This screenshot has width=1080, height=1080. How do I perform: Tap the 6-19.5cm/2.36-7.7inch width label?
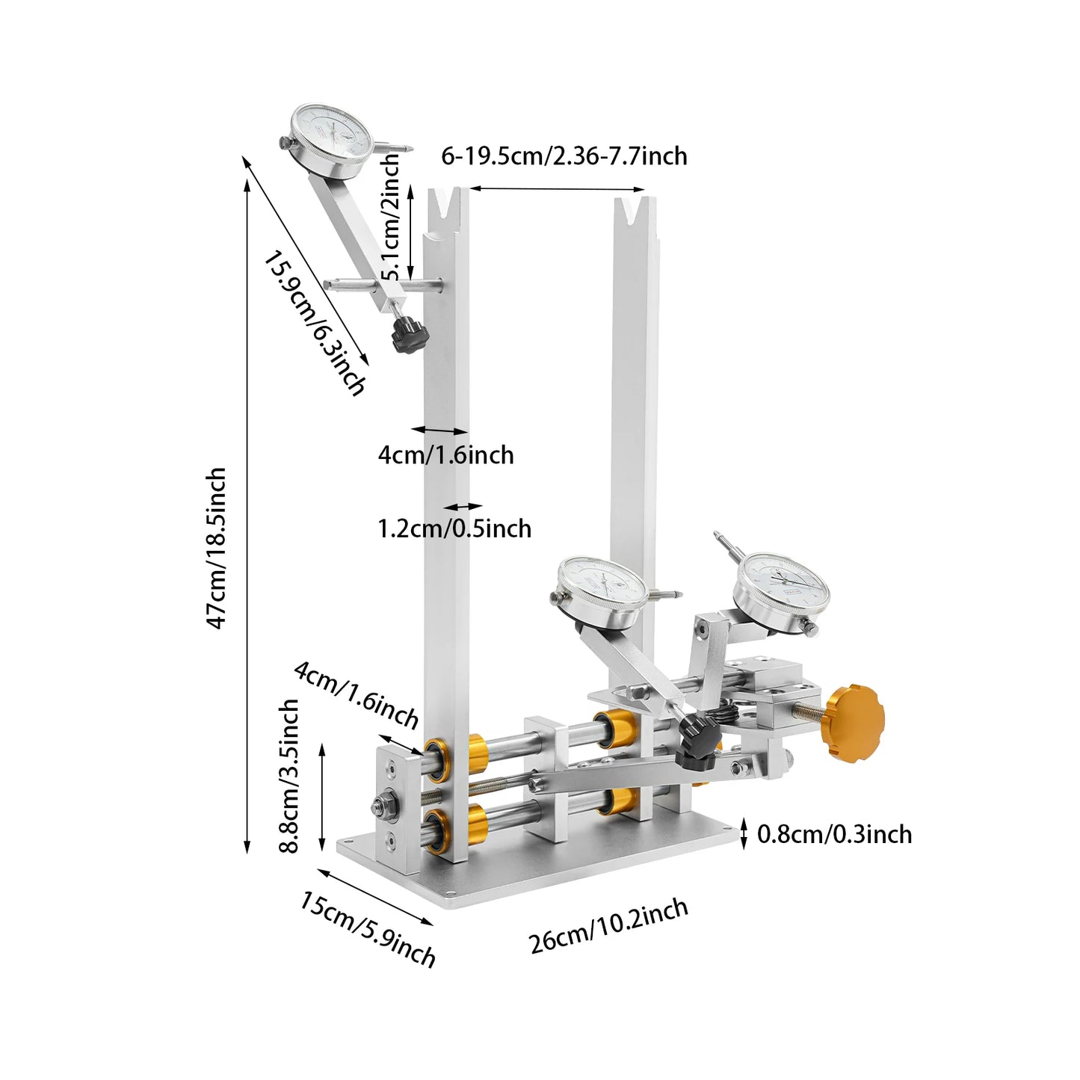[x=564, y=156]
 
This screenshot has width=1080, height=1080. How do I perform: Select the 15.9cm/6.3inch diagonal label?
[x=315, y=322]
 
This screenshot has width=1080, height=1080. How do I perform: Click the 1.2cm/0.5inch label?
[x=454, y=528]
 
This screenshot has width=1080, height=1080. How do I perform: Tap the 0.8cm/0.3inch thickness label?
[x=834, y=834]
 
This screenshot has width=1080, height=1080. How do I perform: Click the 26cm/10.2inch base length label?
[x=608, y=926]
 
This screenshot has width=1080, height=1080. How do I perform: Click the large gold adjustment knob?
[x=852, y=723]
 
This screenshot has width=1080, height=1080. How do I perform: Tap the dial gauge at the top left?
[x=331, y=141]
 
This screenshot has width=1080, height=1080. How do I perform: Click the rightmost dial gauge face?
[x=781, y=590]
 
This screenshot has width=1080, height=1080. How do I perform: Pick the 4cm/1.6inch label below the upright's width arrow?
[x=446, y=454]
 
